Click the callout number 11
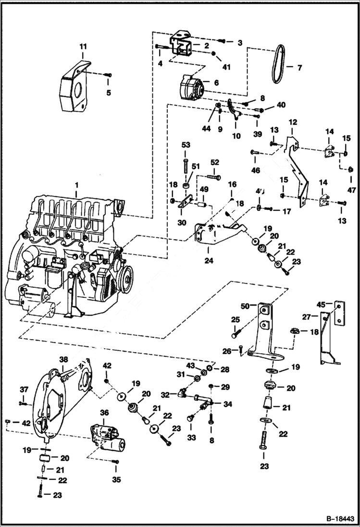pos(83,47)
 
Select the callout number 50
pos(245,306)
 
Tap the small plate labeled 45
pos(340,312)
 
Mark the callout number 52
pos(214,162)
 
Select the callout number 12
pos(293,123)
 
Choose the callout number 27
pos(306,317)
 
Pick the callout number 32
pos(165,394)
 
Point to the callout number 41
pos(226,67)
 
